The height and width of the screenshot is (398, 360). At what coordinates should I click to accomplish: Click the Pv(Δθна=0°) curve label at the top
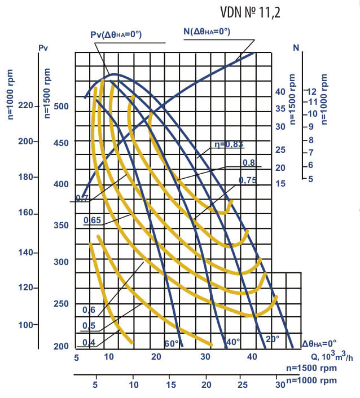(x=116, y=35)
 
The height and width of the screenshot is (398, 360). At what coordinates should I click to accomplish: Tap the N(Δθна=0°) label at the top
(x=207, y=32)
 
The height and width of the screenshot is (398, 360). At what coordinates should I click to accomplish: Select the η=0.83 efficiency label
(x=229, y=145)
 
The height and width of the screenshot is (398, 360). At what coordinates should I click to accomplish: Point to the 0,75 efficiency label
(x=247, y=180)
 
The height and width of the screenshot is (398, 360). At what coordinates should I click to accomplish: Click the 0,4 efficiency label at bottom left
(x=89, y=343)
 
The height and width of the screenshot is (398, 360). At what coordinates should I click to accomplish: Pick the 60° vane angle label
(x=172, y=343)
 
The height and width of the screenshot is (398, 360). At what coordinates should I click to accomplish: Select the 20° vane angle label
(x=273, y=339)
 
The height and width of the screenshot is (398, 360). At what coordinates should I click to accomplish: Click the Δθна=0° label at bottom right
(x=319, y=343)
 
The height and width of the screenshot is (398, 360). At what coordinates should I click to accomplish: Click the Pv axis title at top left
(x=43, y=49)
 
